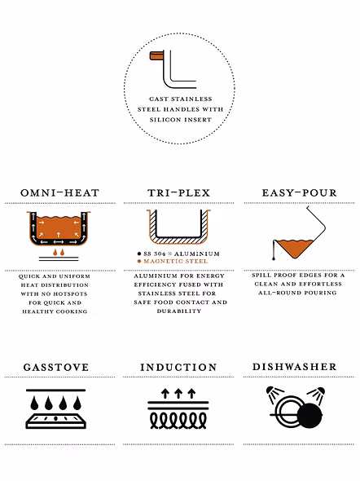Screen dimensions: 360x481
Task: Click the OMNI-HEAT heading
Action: (x=60, y=193)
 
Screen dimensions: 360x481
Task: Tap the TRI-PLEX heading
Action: (x=179, y=193)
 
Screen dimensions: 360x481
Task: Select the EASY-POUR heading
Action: (x=300, y=193)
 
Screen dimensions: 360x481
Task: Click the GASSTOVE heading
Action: (x=56, y=367)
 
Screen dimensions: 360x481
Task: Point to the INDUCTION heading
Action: (x=178, y=367)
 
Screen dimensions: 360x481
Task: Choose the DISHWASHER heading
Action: (x=294, y=367)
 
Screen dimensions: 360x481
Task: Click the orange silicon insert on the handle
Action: (x=156, y=55)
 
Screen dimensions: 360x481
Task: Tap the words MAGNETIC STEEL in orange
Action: (x=176, y=262)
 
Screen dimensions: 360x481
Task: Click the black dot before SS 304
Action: (x=139, y=254)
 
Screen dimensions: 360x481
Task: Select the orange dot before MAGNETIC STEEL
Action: (x=139, y=262)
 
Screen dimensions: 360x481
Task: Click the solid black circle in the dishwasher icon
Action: (x=310, y=416)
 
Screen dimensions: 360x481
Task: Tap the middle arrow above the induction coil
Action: (x=178, y=393)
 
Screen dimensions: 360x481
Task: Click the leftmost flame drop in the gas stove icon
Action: (x=34, y=403)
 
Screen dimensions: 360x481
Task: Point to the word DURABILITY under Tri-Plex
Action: (x=179, y=311)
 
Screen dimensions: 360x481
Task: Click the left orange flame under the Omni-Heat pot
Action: (x=55, y=253)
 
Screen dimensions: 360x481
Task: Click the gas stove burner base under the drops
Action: (x=55, y=421)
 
